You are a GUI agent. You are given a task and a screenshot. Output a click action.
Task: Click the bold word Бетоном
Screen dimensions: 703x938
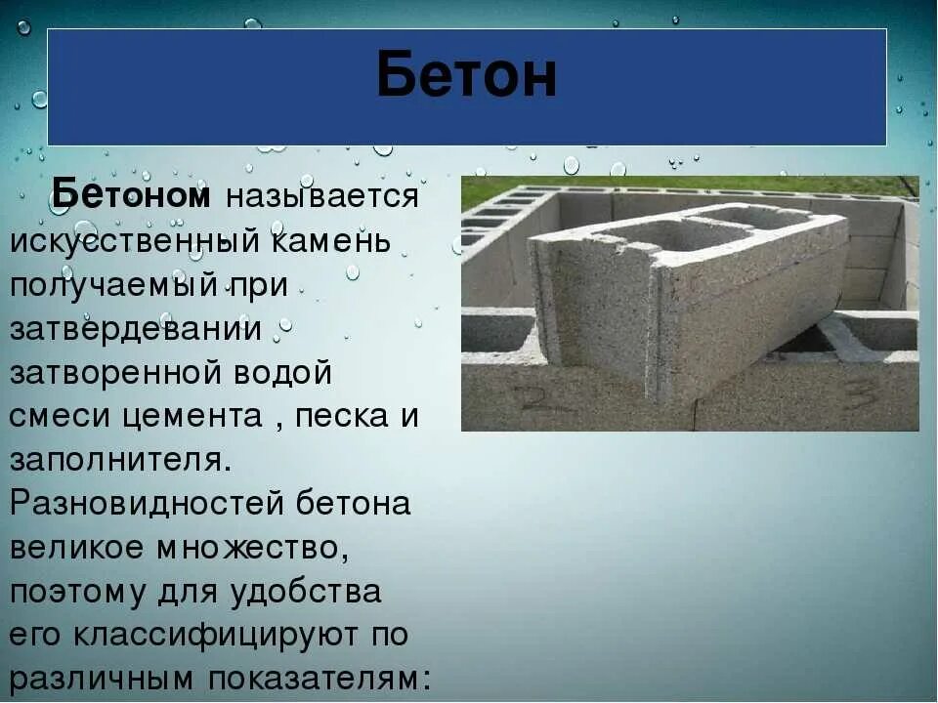pyautogui.click(x=131, y=195)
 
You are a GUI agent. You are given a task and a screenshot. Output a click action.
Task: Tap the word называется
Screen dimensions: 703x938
pyautogui.click(x=321, y=197)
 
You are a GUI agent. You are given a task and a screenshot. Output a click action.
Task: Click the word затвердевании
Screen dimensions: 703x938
pyautogui.click(x=136, y=329)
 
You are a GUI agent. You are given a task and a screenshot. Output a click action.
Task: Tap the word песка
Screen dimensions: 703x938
pyautogui.click(x=343, y=417)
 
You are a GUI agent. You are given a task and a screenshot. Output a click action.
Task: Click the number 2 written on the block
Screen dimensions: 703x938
pyautogui.click(x=533, y=396)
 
